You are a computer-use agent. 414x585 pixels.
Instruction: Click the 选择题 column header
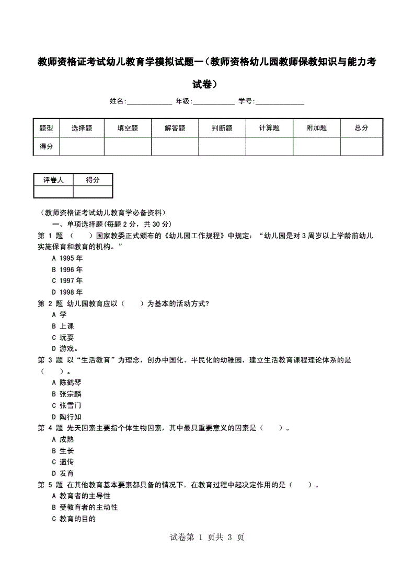click(x=82, y=128)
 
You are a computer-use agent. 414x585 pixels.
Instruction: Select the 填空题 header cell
click(x=128, y=128)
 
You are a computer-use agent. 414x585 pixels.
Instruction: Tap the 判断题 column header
click(x=222, y=128)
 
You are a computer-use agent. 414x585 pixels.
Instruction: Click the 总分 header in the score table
click(x=361, y=128)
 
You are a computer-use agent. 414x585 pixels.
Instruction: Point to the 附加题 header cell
click(x=316, y=128)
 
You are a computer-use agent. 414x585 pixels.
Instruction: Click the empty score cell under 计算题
click(x=269, y=147)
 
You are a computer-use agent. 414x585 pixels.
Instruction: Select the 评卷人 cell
click(x=53, y=180)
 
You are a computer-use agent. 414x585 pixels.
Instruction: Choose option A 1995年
click(x=67, y=258)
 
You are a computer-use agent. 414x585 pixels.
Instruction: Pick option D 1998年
click(x=67, y=292)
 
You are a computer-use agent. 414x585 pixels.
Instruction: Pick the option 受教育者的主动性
click(x=85, y=507)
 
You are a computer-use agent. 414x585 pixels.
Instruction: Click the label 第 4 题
click(x=50, y=428)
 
